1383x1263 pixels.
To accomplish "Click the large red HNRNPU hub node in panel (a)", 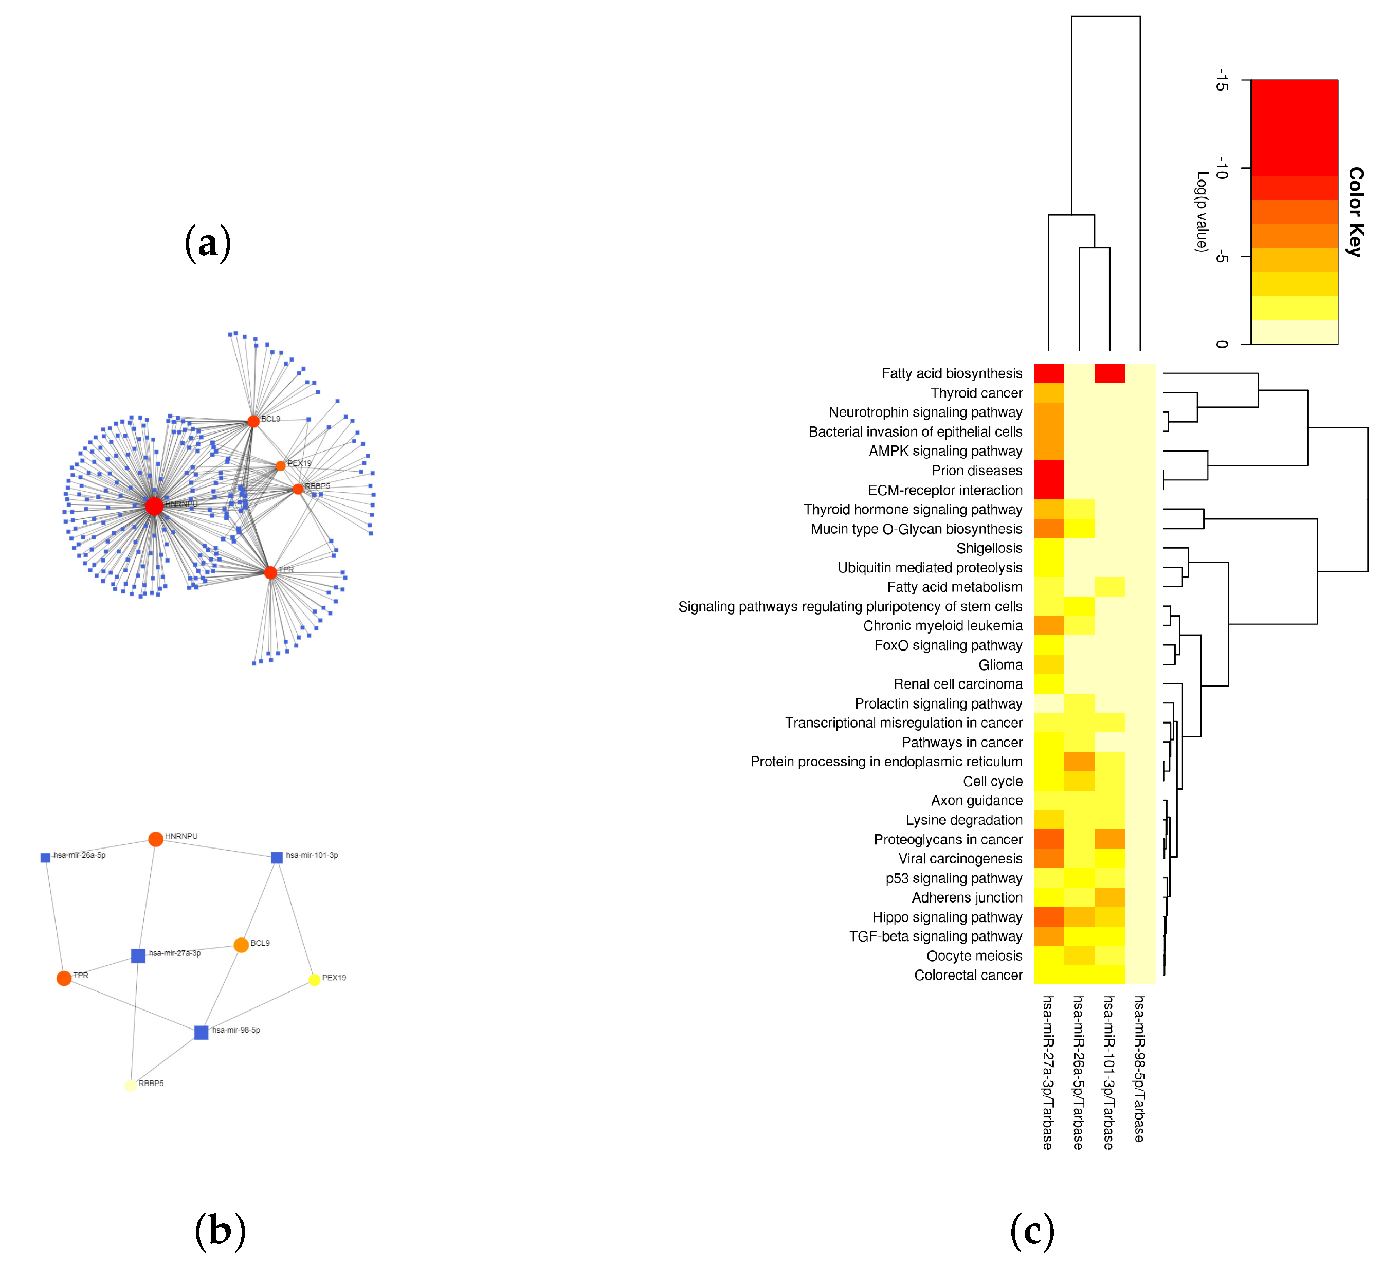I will click(154, 507).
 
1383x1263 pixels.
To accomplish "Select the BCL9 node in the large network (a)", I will click(253, 421).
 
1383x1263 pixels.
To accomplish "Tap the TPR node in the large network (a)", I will click(270, 572).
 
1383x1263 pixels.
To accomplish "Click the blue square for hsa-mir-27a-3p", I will click(138, 955).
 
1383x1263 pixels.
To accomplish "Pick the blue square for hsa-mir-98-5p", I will click(201, 1033).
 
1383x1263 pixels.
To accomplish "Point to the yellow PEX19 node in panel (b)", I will click(314, 980).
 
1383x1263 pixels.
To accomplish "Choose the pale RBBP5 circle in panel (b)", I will click(131, 1085).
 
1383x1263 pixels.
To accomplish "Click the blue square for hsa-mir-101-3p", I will click(277, 857).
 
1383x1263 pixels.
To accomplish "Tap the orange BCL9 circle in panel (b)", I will click(241, 945).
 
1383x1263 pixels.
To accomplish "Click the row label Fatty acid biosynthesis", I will click(952, 374).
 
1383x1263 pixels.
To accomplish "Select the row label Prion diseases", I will click(976, 471).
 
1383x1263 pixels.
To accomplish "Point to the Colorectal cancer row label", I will click(968, 975).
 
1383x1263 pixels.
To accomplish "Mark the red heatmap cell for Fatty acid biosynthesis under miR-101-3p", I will click(1109, 373).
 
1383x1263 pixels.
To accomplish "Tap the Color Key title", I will click(1355, 211).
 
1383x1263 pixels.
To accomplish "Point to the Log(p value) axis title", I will click(1201, 211).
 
